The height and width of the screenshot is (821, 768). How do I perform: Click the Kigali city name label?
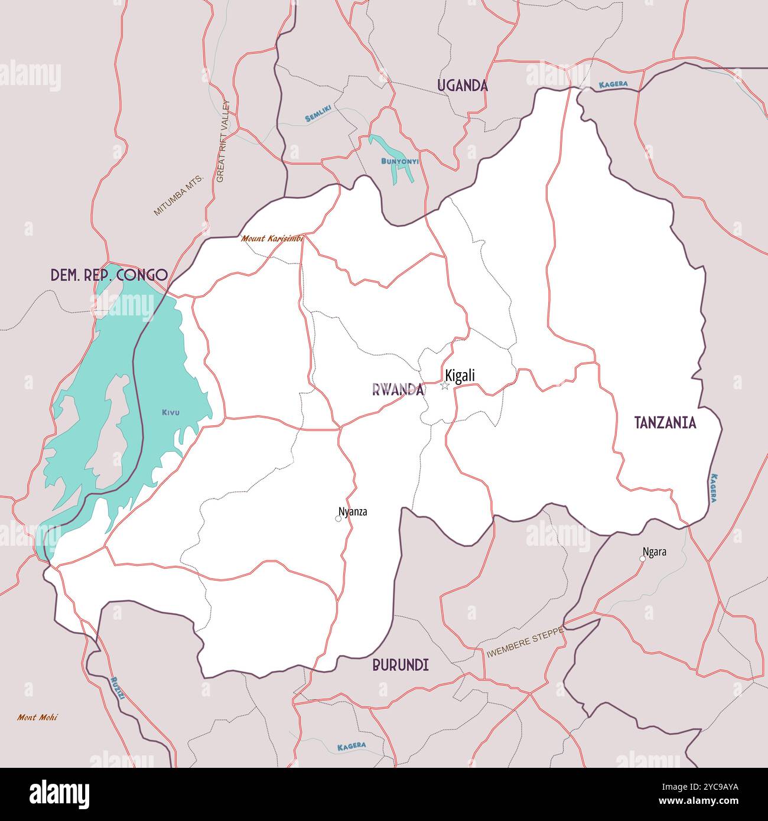[x=460, y=376]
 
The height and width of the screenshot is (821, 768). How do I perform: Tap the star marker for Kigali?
[x=445, y=386]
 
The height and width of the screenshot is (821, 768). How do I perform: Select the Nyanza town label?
[x=353, y=512]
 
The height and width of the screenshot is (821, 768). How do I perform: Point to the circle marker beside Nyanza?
[x=339, y=519]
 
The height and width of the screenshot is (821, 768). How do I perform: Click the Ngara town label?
[x=655, y=552]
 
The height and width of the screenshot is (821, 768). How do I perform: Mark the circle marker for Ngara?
[x=643, y=558]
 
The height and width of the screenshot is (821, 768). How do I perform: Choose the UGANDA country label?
[x=463, y=86]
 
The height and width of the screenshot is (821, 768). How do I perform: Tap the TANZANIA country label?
[x=665, y=423]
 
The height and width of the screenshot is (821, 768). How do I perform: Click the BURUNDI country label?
[x=401, y=665]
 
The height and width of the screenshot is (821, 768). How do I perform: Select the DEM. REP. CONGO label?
[x=109, y=275]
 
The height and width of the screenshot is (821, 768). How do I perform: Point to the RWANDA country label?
[x=398, y=390]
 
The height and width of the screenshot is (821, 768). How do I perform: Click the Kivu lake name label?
[x=170, y=412]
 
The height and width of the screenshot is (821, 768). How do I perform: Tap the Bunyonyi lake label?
[x=400, y=161]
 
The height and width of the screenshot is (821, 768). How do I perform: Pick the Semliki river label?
[x=318, y=113]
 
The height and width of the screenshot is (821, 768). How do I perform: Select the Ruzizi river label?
[x=117, y=688]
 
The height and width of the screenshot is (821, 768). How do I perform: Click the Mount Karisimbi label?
[x=272, y=239]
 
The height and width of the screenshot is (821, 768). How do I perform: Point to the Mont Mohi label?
[x=37, y=718]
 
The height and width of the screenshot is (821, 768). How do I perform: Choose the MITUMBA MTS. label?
[x=178, y=195]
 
